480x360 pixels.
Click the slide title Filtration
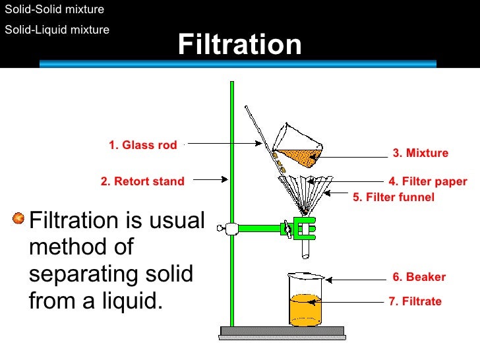tap(239, 45)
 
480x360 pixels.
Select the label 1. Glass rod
tap(142, 145)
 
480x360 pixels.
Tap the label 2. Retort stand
tap(142, 181)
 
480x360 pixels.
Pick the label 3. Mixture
tap(420, 153)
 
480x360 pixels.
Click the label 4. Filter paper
tap(427, 181)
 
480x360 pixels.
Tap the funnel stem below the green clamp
tap(305, 247)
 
